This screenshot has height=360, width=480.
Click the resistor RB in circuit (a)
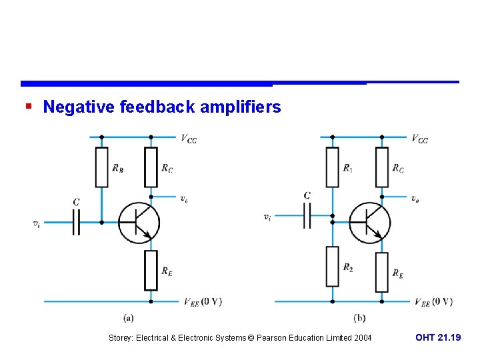click(101, 167)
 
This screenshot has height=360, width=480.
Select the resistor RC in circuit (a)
click(151, 167)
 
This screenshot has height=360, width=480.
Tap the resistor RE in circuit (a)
click(151, 270)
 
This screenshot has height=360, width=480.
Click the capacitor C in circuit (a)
click(76, 222)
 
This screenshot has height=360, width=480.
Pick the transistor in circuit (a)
click(139, 222)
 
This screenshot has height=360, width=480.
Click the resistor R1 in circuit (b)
click(332, 167)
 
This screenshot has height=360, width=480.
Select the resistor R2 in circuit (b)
click(332, 266)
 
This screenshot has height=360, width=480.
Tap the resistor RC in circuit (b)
click(381, 167)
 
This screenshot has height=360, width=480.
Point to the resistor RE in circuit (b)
click(381, 272)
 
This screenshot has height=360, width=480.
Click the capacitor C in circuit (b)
click(307, 215)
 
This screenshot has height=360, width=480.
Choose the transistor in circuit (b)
click(369, 222)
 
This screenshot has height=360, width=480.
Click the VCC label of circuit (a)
click(189, 139)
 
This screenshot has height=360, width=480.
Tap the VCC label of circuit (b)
click(419, 139)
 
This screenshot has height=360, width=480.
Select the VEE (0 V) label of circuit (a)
click(203, 302)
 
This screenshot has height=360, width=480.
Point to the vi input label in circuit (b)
click(267, 217)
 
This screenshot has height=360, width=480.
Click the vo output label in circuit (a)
click(183, 199)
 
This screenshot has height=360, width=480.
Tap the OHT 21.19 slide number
click(437, 338)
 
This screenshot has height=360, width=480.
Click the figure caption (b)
click(359, 318)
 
